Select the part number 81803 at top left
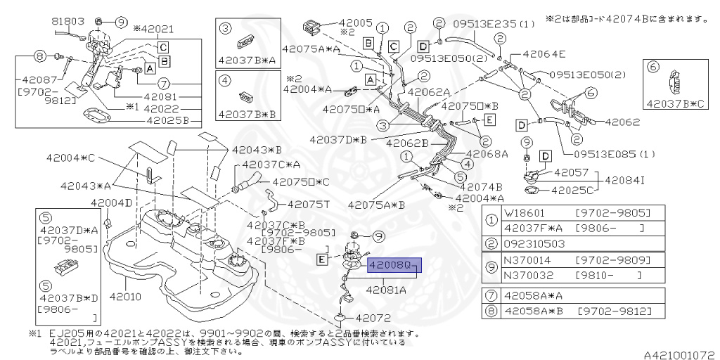point(67,22)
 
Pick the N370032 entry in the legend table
point(526,274)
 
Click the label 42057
point(570,171)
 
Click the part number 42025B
point(167,120)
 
